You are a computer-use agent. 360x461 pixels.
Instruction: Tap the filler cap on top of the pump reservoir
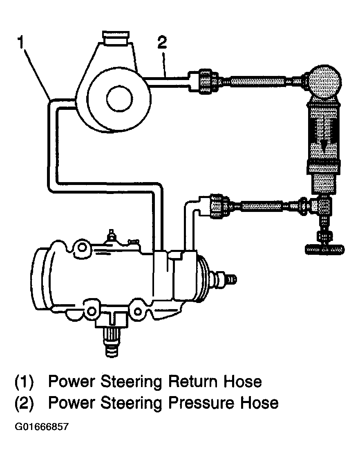click(116, 38)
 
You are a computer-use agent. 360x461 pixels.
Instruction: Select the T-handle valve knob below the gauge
click(323, 249)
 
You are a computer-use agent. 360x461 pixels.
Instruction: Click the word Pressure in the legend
click(194, 403)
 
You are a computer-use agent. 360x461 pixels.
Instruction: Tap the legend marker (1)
click(24, 382)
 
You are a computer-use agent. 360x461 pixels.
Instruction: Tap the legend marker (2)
click(24, 403)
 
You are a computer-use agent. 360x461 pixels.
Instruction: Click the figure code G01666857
click(42, 427)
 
